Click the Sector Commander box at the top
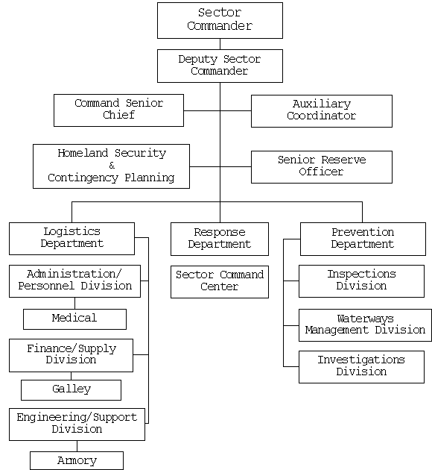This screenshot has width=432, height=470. (220, 20)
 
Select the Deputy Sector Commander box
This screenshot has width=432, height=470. (220, 66)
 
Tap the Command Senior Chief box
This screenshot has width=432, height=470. (118, 110)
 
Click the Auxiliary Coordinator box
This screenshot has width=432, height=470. (321, 110)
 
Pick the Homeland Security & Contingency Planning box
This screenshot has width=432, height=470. (111, 166)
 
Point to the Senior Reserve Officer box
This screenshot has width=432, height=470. (321, 166)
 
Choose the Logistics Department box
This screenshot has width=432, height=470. (72, 238)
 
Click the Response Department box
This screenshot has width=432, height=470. (219, 239)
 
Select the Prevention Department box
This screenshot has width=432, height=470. (362, 239)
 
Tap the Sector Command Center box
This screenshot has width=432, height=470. (219, 281)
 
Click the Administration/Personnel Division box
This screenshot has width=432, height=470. (74, 281)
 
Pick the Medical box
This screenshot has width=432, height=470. (74, 319)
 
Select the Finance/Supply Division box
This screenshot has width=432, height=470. (72, 354)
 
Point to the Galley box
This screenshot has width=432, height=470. (71, 389)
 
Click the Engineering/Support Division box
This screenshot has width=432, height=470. (77, 424)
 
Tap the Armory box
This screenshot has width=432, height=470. (77, 460)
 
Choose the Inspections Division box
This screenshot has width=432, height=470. (361, 281)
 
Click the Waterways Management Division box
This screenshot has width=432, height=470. (365, 325)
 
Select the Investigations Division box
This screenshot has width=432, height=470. (361, 366)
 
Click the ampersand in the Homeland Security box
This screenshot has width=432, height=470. (112, 166)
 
